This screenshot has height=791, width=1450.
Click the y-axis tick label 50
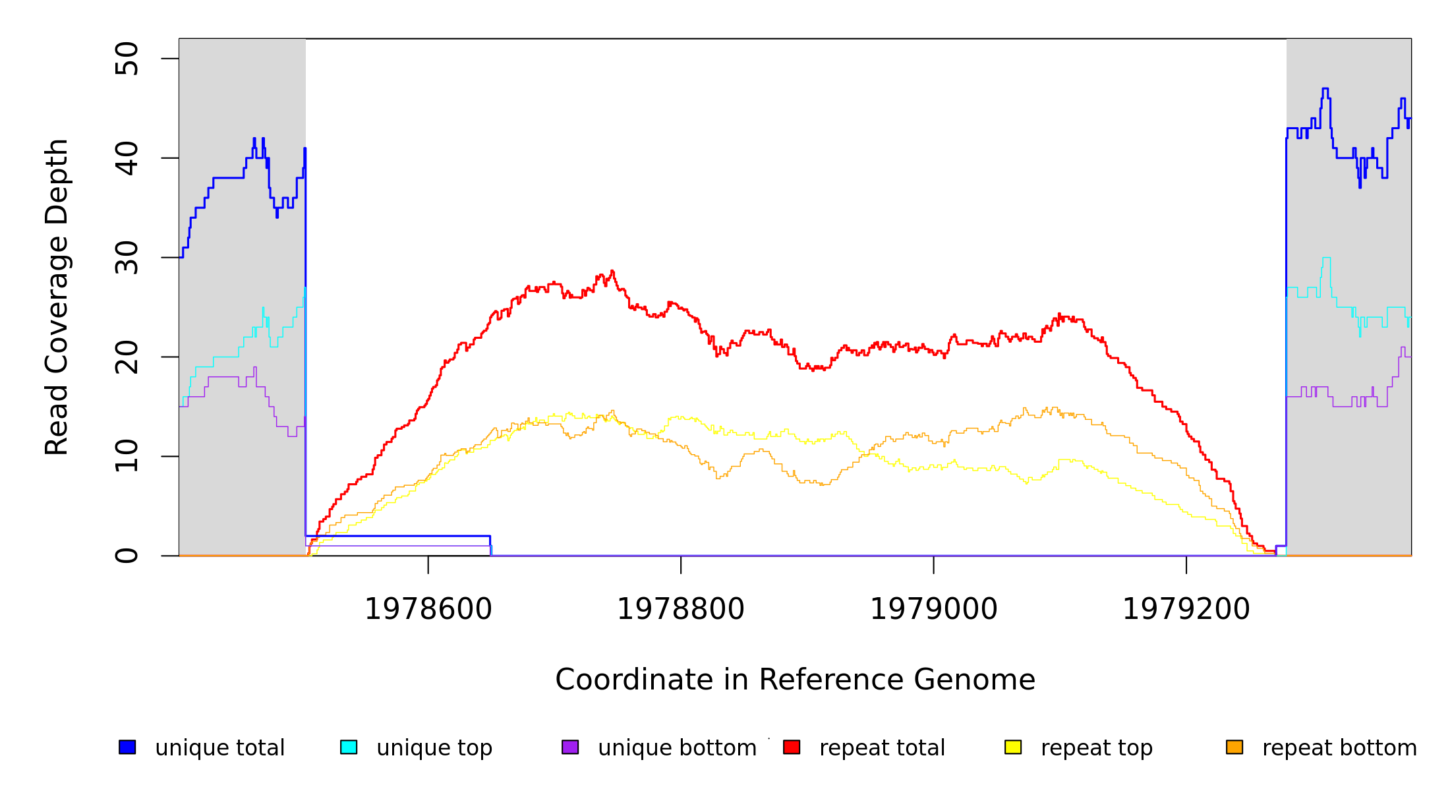coord(127,59)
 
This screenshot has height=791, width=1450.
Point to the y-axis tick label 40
coord(127,158)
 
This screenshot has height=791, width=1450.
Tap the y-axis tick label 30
coord(127,258)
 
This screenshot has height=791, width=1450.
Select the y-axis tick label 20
coord(127,357)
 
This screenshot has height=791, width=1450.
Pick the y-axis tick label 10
coord(127,456)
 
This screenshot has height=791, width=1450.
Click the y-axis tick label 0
coord(127,556)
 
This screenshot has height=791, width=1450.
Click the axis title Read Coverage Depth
coord(57,297)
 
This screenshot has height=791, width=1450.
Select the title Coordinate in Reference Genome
coord(796,680)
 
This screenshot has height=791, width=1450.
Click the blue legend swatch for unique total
coord(127,747)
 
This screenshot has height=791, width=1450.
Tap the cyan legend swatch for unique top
coord(349,747)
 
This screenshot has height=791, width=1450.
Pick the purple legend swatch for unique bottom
coord(570,747)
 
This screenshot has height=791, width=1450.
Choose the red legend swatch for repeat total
coord(792,747)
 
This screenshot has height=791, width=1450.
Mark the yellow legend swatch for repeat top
coord(1013,747)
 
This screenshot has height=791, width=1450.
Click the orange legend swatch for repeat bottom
coord(1234,747)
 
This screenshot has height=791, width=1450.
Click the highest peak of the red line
coord(612,271)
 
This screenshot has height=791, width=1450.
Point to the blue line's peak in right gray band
coord(1325,88)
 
